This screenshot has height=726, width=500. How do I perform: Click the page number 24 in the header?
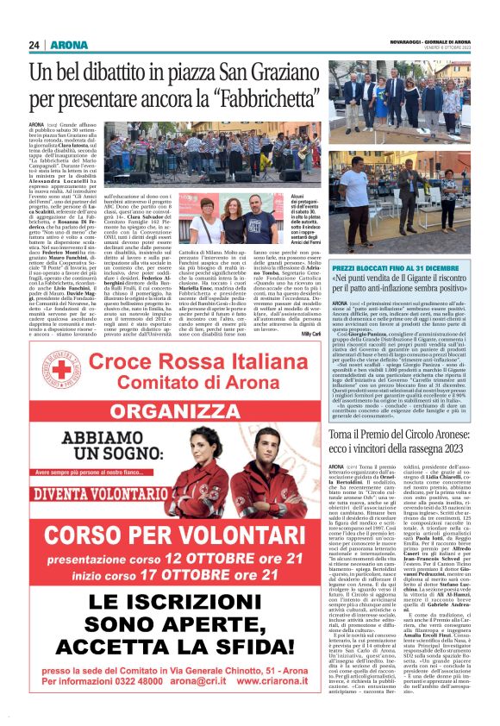(x=34, y=45)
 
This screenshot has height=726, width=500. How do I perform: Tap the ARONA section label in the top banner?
(x=65, y=45)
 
